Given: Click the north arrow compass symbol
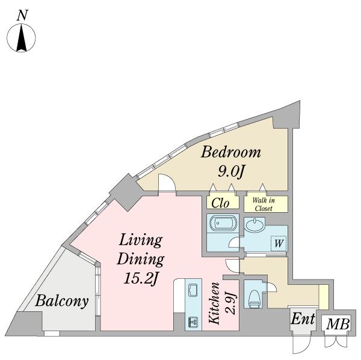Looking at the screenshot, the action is [x=21, y=37].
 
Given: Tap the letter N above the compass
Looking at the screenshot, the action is [x=22, y=15].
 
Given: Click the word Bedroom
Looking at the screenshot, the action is [x=231, y=152].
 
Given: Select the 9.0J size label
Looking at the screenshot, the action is [x=230, y=171].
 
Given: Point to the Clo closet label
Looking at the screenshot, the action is [x=220, y=203].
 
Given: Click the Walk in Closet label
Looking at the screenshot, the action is [x=264, y=204].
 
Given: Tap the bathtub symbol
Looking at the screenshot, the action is [x=223, y=222].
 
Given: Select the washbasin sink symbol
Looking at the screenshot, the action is [x=255, y=225].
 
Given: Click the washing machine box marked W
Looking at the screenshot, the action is [x=279, y=243].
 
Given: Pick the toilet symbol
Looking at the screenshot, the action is [x=254, y=298].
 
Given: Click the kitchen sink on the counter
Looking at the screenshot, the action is [x=193, y=290].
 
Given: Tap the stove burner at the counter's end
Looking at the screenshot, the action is [x=193, y=322].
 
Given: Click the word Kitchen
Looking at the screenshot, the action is [x=214, y=303].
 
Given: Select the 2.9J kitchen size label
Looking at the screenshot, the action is [x=230, y=303].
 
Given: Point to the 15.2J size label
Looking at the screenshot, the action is [x=141, y=279].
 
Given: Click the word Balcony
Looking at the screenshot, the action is [x=62, y=301].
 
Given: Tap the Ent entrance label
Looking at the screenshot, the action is [x=303, y=319].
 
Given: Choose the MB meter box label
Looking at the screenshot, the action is [x=338, y=325].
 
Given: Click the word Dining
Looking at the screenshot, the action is [x=140, y=259].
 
